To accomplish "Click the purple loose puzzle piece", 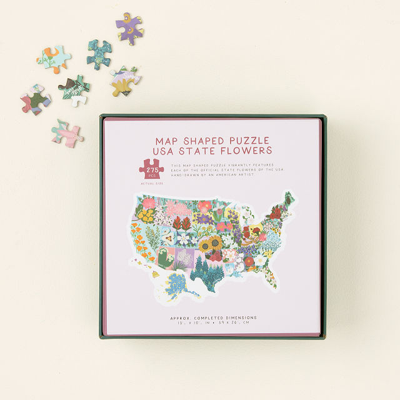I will click(x=129, y=28).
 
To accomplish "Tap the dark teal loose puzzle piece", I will click(x=99, y=54).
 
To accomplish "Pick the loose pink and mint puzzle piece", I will click(x=67, y=132).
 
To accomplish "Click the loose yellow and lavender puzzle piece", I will click(x=125, y=81).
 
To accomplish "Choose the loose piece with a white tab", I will click(x=75, y=91).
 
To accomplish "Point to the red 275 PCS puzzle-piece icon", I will click(x=151, y=170).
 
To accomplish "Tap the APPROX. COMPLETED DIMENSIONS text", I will click(x=212, y=317).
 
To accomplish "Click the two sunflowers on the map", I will click(x=211, y=243).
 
